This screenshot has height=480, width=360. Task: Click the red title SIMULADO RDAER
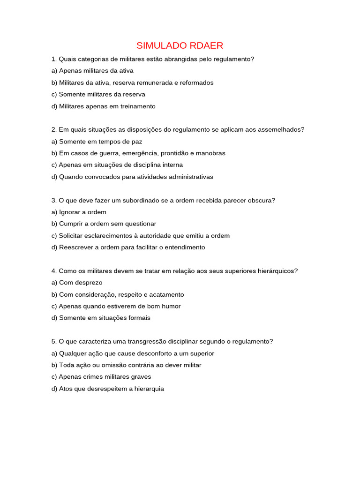[180, 45]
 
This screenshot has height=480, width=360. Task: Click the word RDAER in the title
[207, 45]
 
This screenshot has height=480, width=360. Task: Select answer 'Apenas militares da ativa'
[92, 71]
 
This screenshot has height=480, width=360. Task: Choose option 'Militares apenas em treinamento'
[103, 106]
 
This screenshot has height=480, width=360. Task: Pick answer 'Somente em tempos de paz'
[97, 142]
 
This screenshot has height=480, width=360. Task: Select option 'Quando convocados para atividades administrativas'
[132, 177]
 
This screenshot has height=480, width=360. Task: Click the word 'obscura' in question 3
[263, 201]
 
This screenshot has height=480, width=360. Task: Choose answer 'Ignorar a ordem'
[79, 212]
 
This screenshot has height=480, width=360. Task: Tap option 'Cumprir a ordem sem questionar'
[104, 224]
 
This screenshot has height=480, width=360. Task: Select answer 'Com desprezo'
[77, 283]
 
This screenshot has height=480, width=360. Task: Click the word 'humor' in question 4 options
[171, 306]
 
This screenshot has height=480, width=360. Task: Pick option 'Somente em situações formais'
[101, 318]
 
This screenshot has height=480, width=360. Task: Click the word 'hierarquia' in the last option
[148, 389]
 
